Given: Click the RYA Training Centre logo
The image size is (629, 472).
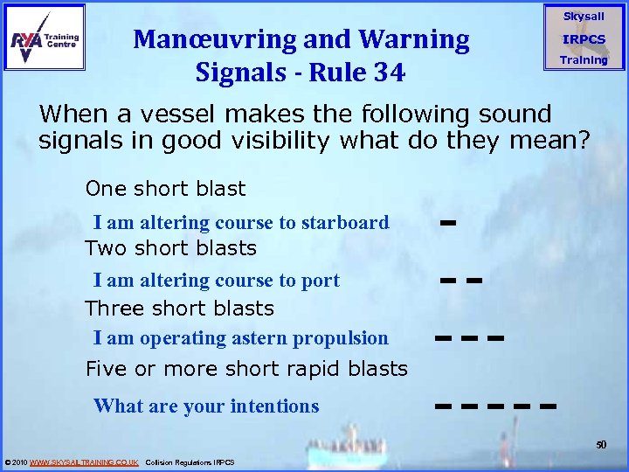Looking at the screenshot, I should [45, 37].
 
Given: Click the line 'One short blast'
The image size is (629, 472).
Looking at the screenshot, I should [165, 189].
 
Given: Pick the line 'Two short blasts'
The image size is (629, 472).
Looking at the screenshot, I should [170, 248].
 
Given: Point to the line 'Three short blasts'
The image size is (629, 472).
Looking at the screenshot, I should [179, 309].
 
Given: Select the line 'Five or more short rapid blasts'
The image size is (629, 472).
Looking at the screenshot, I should [246, 369].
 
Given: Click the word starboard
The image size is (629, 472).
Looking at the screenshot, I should [345, 223].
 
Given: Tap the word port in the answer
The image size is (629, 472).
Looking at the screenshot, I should [321, 281].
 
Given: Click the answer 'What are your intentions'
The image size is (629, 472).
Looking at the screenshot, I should [206, 406].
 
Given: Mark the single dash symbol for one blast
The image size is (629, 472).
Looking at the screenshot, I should [449, 224].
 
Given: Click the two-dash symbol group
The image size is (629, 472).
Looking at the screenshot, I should [461, 281].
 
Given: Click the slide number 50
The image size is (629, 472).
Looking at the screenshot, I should [601, 445].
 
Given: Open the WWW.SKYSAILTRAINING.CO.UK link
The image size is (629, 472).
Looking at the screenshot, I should [84, 462].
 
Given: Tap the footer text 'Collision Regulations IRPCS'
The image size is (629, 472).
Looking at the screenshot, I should [190, 462].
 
